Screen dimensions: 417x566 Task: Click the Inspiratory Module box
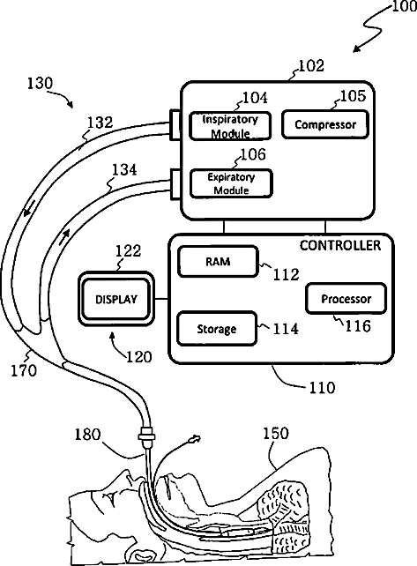pos(230,125)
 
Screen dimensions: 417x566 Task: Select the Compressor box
pos(325,124)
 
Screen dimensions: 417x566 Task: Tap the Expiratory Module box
pos(231,183)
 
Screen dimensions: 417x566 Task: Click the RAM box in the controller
pos(218,261)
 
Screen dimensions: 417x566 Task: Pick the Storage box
pos(217,329)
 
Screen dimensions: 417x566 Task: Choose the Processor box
pos(346,299)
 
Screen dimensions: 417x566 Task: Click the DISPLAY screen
pos(116,299)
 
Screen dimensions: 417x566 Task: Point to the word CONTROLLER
pos(340,245)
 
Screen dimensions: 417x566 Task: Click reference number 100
pos(404,6)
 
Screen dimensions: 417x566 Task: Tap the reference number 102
pos(311,66)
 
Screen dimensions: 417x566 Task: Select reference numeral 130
pos(40,83)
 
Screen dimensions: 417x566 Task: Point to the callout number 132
pos(100,122)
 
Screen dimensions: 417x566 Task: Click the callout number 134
pos(124,169)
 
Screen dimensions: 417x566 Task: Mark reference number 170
pos(24,370)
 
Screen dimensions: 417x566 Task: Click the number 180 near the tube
pos(87,434)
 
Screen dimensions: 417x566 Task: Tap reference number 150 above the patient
pos(275,433)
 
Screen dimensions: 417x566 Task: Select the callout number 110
pos(322,387)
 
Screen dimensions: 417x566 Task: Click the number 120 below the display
pos(138,357)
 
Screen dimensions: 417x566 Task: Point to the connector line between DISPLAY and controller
pos(161,299)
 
